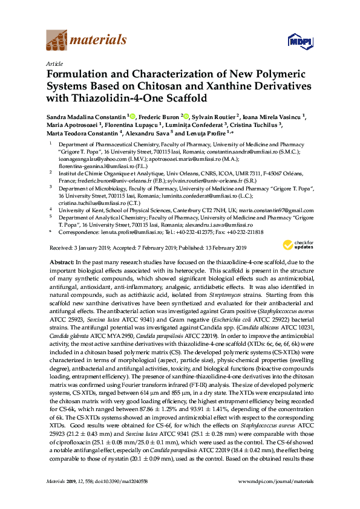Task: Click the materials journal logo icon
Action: [57, 40]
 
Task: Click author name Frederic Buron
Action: [156, 117]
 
